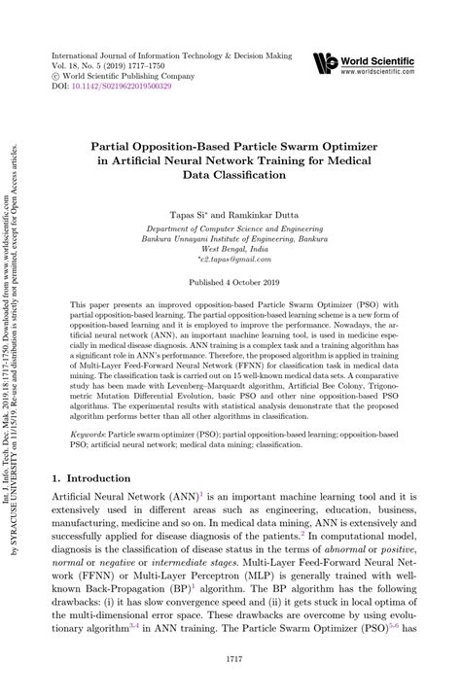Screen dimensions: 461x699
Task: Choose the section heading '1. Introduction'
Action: [x=89, y=478]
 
